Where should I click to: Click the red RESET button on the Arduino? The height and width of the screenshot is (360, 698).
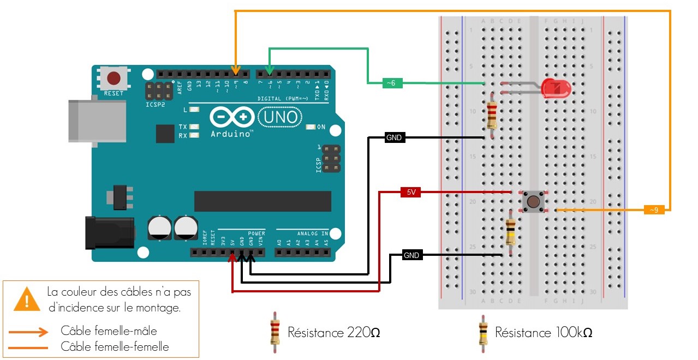tap(114, 77)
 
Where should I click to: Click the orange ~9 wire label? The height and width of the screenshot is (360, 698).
tap(654, 209)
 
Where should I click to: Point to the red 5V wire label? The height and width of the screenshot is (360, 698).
tap(410, 192)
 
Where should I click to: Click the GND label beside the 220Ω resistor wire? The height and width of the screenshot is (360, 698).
tap(394, 137)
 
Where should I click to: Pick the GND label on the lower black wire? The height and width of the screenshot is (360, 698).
tap(411, 255)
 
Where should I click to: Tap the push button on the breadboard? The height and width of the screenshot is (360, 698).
tap(533, 201)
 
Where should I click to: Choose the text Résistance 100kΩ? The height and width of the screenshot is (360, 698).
tap(544, 332)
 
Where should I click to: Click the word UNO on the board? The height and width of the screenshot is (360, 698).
tap(281, 117)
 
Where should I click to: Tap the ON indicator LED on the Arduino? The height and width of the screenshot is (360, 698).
tap(311, 127)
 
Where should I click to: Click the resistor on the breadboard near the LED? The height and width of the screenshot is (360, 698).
tap(492, 113)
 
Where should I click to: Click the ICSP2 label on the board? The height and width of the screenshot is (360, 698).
tap(156, 104)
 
